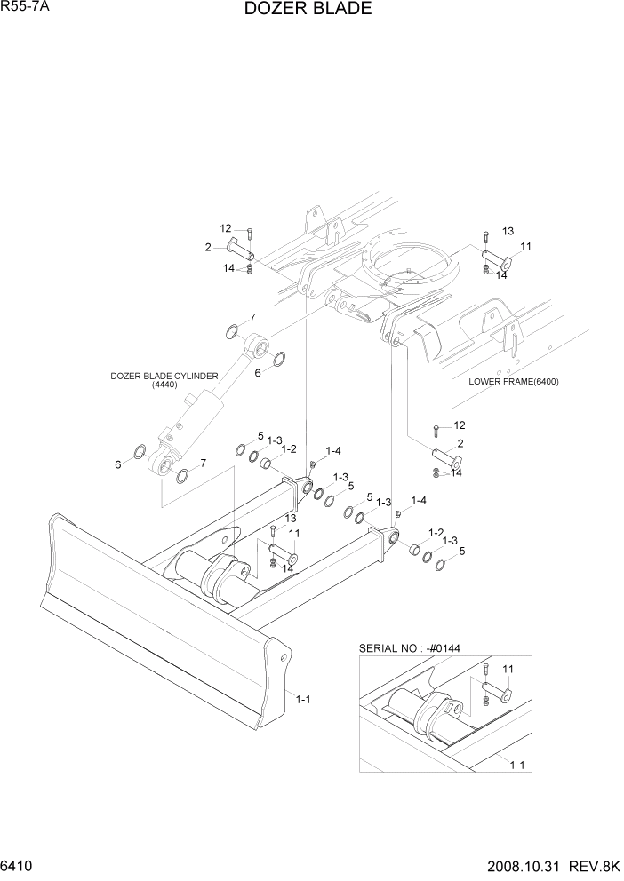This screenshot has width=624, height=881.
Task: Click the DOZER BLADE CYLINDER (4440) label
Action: pyautogui.click(x=164, y=380)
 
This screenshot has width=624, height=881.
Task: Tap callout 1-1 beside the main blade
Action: pyautogui.click(x=302, y=699)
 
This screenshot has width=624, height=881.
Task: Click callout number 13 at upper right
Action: pyautogui.click(x=508, y=231)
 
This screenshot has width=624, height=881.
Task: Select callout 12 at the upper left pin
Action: pyautogui.click(x=226, y=228)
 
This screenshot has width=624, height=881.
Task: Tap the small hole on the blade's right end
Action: pyautogui.click(x=284, y=658)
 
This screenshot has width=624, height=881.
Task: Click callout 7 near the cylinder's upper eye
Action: pyautogui.click(x=252, y=317)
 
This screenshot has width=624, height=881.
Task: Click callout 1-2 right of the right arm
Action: pyautogui.click(x=436, y=532)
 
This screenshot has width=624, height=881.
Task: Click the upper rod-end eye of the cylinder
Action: pyautogui.click(x=259, y=343)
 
